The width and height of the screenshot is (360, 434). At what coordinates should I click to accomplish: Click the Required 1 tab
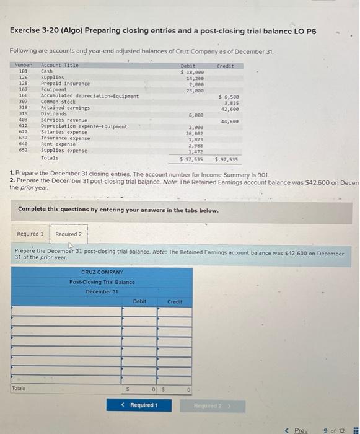click(x=30, y=234)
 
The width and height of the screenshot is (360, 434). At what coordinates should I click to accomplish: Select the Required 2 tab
click(x=68, y=234)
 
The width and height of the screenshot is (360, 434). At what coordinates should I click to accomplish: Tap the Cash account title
click(x=46, y=71)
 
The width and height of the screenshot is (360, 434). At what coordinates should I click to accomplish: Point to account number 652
click(x=23, y=150)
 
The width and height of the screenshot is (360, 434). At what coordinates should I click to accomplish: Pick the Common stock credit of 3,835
click(x=230, y=102)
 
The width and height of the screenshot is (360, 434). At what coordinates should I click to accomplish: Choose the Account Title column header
click(x=59, y=65)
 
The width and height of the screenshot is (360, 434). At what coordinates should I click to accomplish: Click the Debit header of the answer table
click(x=140, y=301)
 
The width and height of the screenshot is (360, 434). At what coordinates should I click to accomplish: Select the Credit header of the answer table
click(x=175, y=301)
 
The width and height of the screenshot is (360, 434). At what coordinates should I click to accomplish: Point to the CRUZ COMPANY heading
click(x=102, y=272)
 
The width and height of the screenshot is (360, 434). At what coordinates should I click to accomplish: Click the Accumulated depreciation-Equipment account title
click(x=89, y=96)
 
